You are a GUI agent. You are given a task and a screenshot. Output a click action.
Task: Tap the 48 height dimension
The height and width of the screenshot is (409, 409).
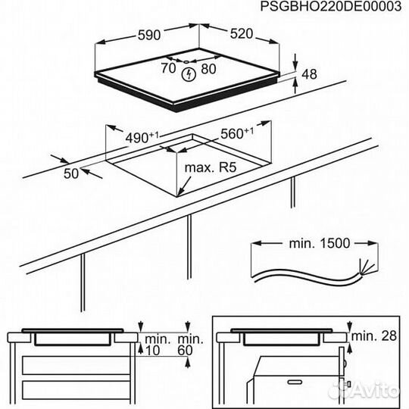click(308, 74)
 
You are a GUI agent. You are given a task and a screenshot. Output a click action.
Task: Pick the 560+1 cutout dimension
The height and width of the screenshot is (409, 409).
click(236, 133)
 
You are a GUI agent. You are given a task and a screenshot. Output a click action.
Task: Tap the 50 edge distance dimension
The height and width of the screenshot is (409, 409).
click(72, 173)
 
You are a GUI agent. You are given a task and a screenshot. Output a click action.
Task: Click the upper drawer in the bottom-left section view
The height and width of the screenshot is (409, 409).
click(76, 367)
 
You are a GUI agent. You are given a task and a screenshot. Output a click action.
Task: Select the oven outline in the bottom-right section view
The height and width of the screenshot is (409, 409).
click(295, 382)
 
